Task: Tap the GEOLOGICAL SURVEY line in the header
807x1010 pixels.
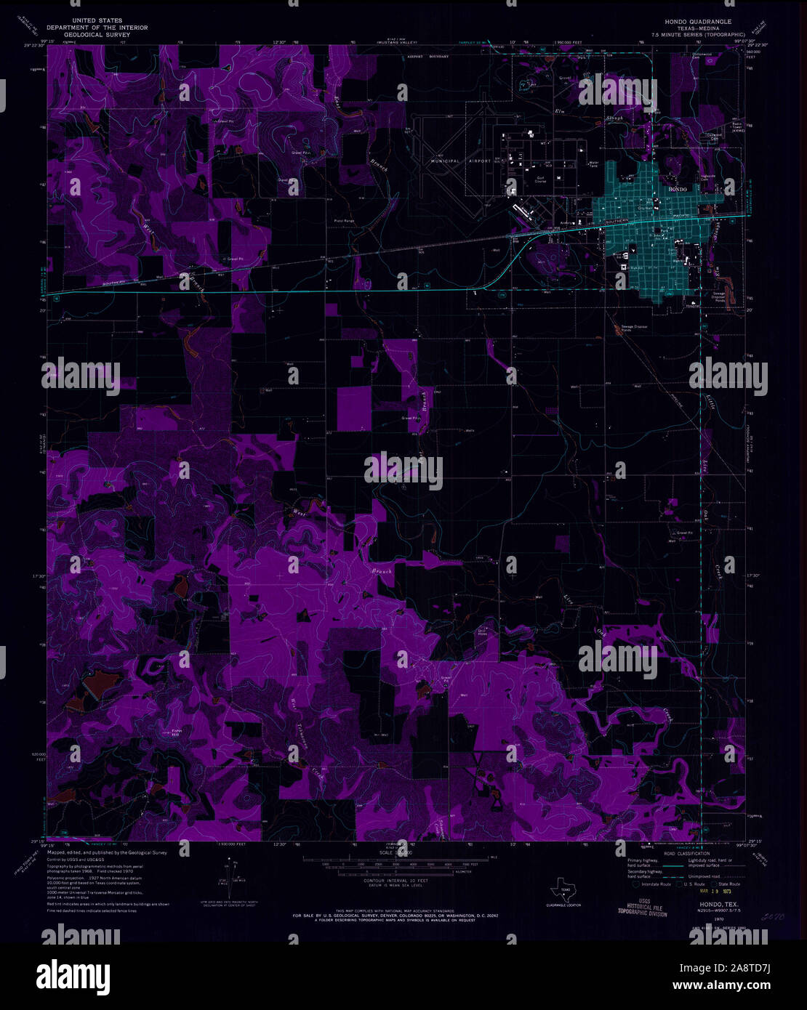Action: click(x=97, y=34)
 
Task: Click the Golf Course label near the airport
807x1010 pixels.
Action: click(x=540, y=179)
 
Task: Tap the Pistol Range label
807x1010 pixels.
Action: click(x=344, y=220)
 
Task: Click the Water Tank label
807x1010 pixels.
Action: click(x=593, y=164)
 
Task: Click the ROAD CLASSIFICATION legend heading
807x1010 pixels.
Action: click(x=683, y=853)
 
